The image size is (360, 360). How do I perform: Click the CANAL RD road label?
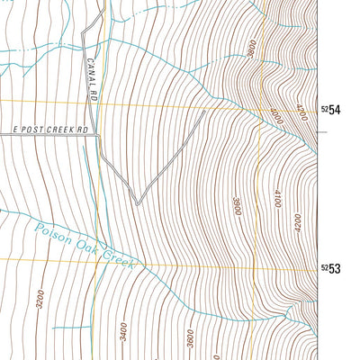(93, 76)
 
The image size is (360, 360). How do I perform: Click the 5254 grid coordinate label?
(331, 110)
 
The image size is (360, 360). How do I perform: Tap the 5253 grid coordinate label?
(331, 269)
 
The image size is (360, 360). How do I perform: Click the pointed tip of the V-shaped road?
(137, 203)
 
